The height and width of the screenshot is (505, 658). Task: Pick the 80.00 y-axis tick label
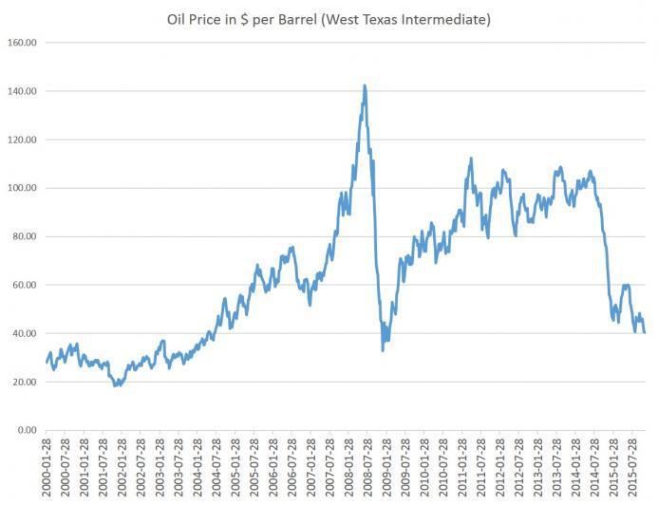coord(23,237)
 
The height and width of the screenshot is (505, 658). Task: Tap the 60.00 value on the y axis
coord(23,286)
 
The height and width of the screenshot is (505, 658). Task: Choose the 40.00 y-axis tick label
coord(23,334)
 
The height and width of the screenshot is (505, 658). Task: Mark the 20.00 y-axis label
coord(23,383)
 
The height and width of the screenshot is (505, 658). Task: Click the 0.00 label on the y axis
coord(26,431)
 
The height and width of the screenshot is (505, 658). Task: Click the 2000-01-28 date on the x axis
coord(47,466)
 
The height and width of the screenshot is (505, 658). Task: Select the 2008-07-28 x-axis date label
coord(362,466)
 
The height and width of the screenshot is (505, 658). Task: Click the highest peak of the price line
coord(365,85)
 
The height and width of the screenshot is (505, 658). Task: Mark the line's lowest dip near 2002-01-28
coord(116,385)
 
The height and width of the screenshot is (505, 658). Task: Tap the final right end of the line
coord(645,332)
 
